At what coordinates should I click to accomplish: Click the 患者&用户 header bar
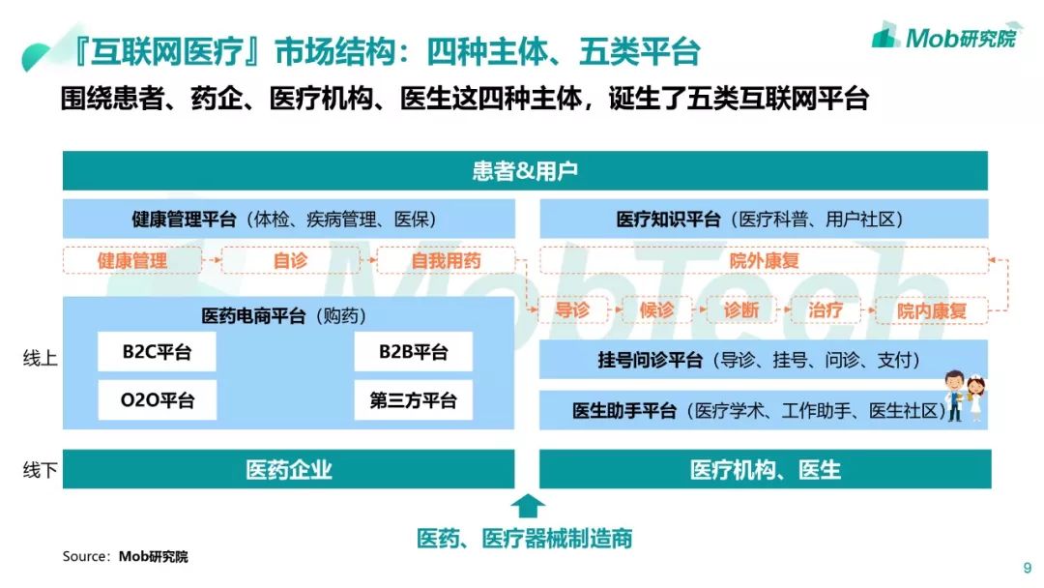(525, 171)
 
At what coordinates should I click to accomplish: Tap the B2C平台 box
(157, 352)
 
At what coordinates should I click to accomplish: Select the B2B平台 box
(413, 352)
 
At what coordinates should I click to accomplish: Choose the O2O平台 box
(157, 399)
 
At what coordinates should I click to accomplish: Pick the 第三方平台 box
(413, 399)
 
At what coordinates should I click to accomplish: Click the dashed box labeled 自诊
(289, 260)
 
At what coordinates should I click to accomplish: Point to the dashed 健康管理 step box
(132, 260)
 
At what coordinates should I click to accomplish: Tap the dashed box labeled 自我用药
(446, 260)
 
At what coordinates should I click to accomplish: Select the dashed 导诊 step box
(571, 309)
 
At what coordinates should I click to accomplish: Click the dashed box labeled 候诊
(656, 309)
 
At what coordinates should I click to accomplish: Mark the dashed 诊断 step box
(741, 309)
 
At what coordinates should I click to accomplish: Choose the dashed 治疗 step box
(826, 309)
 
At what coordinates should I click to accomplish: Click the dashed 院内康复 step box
(931, 309)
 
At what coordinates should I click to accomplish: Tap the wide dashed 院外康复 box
(764, 260)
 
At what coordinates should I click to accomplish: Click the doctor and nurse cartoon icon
(965, 395)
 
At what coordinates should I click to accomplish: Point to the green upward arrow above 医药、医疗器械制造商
(527, 506)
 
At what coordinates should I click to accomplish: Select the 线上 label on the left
(40, 358)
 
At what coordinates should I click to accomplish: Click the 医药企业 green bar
(288, 470)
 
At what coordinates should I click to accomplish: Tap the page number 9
(1027, 568)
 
